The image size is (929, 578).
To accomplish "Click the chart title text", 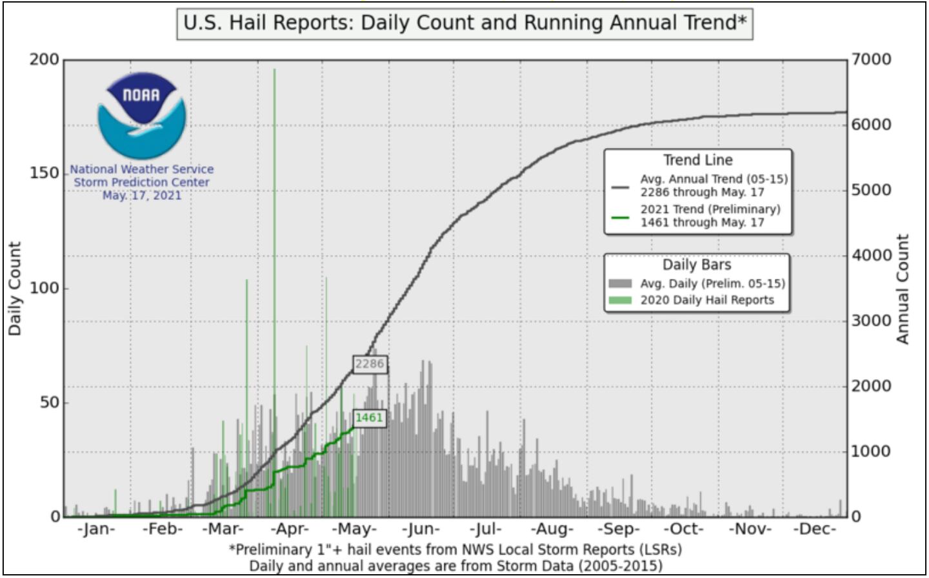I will pyautogui.click(x=464, y=23).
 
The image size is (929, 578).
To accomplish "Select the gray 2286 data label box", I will pyautogui.click(x=370, y=364).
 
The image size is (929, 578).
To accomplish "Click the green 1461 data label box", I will pyautogui.click(x=369, y=418).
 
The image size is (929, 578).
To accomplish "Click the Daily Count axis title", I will pyautogui.click(x=15, y=288).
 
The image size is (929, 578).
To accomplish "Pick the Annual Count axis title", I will pyautogui.click(x=903, y=289).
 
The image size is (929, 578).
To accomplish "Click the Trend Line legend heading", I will pyautogui.click(x=698, y=160).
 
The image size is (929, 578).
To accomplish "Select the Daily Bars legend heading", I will pyautogui.click(x=697, y=265).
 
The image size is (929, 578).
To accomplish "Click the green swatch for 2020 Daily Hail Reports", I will pyautogui.click(x=619, y=300).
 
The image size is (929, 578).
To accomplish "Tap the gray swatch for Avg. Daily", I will pyautogui.click(x=619, y=284).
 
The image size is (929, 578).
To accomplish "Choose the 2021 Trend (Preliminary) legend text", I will pyautogui.click(x=710, y=209).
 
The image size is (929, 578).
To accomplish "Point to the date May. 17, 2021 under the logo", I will pyautogui.click(x=142, y=195).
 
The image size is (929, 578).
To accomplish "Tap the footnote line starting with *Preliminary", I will pyautogui.click(x=455, y=550).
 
